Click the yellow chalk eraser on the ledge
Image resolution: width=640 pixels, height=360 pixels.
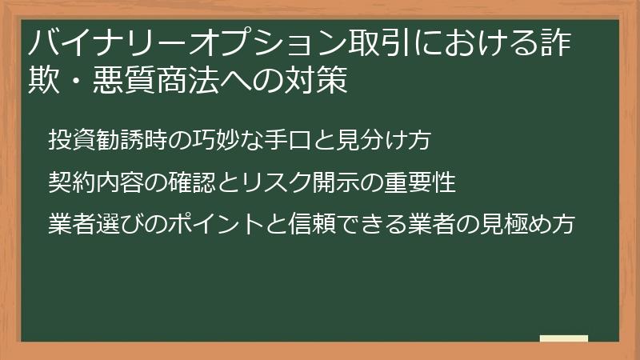(563, 339)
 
